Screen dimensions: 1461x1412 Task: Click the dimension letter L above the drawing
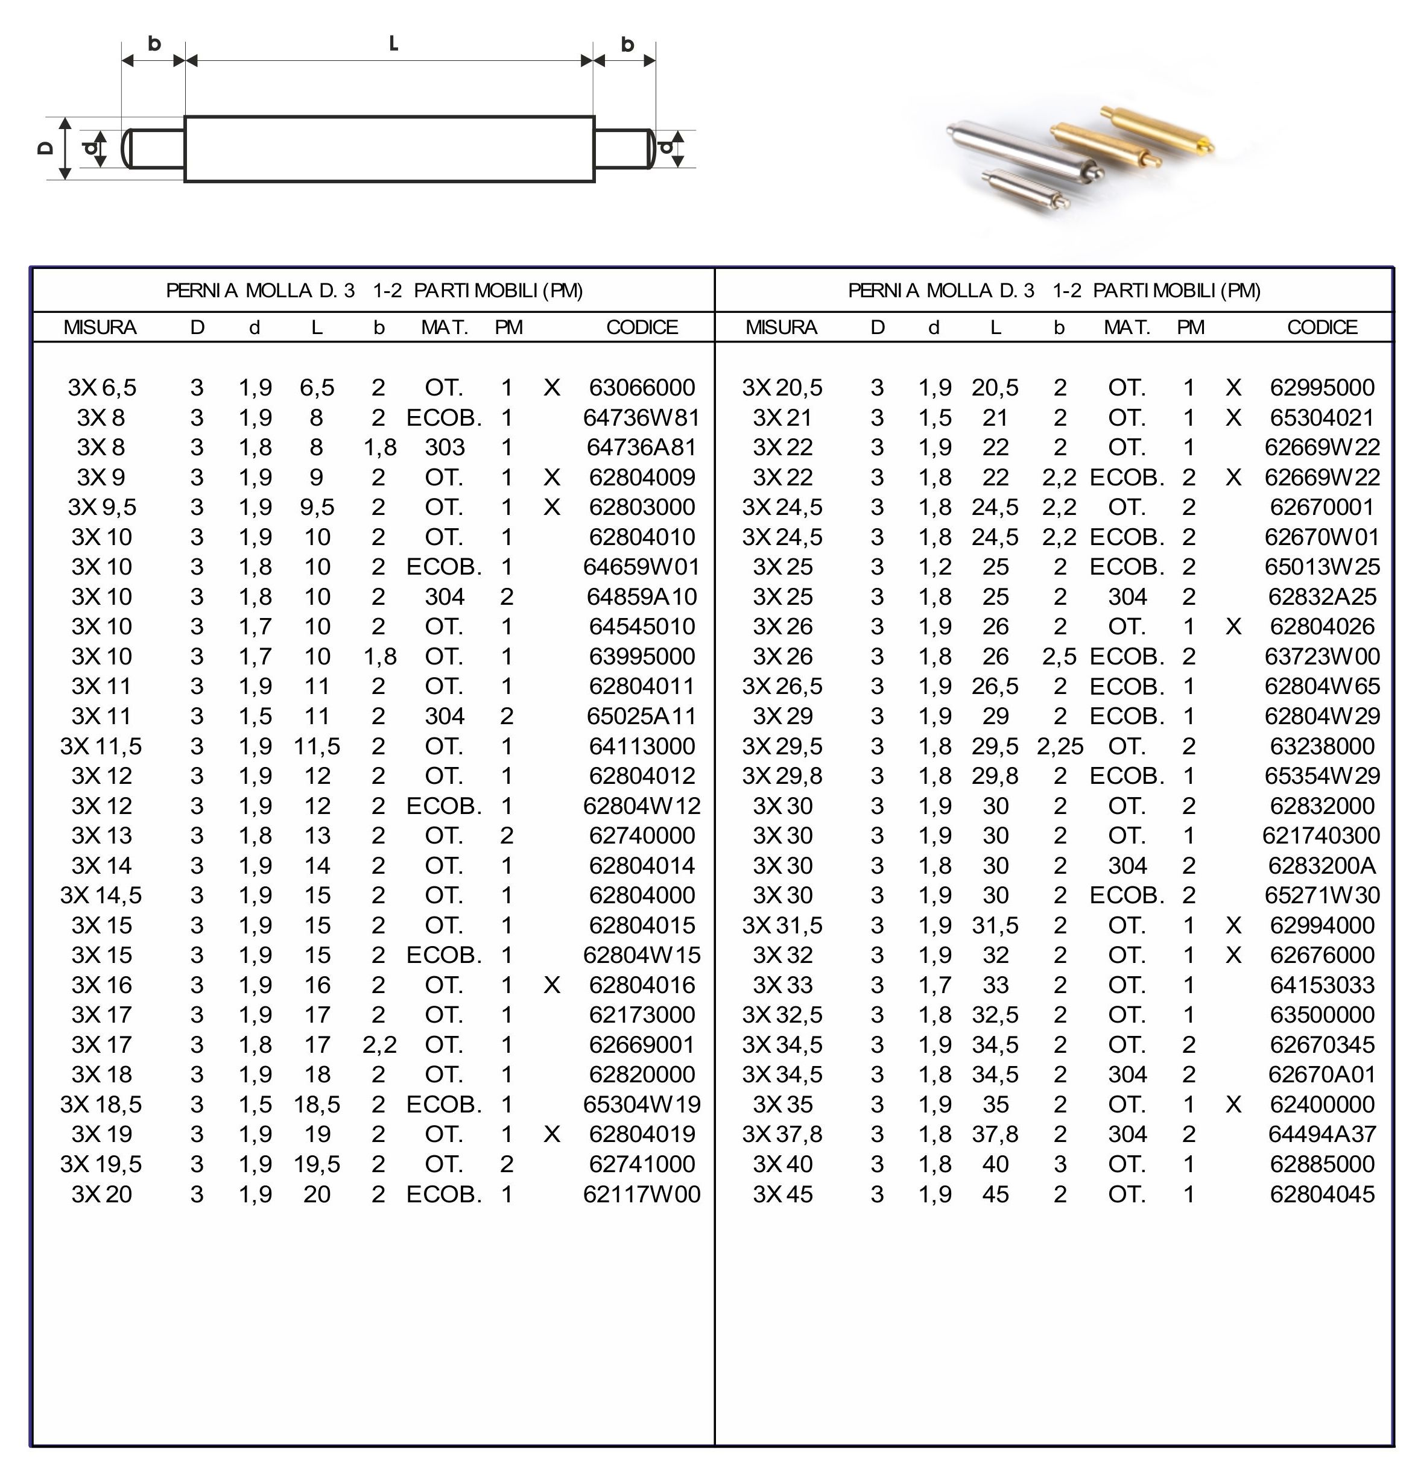pos(394,43)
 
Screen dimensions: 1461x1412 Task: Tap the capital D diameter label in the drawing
pos(45,148)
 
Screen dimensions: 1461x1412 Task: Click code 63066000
pos(642,388)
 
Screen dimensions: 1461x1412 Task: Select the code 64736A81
pos(641,447)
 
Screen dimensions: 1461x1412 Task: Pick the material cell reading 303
pos(445,447)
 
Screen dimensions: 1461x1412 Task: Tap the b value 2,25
pos(1059,746)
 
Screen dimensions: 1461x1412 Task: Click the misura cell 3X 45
pos(782,1194)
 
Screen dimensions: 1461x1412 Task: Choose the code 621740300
pos(1321,836)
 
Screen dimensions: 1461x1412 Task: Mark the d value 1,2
pos(935,567)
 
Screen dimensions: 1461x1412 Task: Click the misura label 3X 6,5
pos(102,388)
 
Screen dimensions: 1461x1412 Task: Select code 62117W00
pos(641,1194)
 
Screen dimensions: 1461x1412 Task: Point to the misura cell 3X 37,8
pos(782,1135)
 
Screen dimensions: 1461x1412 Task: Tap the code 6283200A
pos(1321,865)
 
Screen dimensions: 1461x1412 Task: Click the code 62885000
pos(1321,1164)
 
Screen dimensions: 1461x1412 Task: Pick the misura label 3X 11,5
pos(101,746)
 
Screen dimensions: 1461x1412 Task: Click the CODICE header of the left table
pos(642,327)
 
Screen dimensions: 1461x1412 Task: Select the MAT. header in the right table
pos(1127,327)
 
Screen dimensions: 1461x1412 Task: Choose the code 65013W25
pos(1321,567)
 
